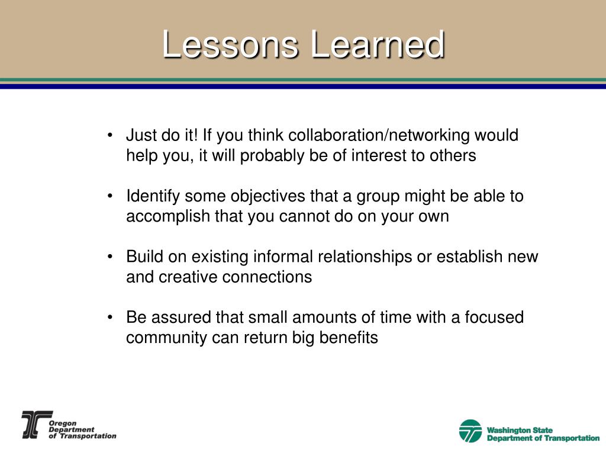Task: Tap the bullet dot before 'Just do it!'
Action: click(x=110, y=136)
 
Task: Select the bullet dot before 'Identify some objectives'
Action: click(x=110, y=196)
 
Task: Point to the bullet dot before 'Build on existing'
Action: click(x=110, y=257)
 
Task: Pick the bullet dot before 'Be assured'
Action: click(x=110, y=318)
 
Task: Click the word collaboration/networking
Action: click(x=379, y=136)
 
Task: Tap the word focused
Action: click(x=494, y=318)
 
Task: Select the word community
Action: click(x=166, y=338)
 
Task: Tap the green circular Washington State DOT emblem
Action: click(x=470, y=431)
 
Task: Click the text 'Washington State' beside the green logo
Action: click(x=520, y=430)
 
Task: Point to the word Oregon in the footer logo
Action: click(x=63, y=423)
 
